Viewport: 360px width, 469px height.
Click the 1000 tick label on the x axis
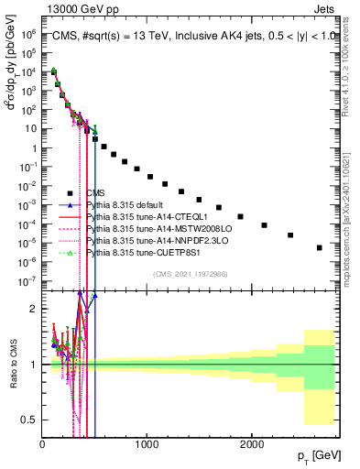[x=147, y=443]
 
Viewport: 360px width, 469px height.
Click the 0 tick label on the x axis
[x=42, y=443]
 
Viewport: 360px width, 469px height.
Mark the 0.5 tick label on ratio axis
[x=29, y=420]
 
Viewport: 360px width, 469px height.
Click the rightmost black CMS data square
[x=319, y=247]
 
